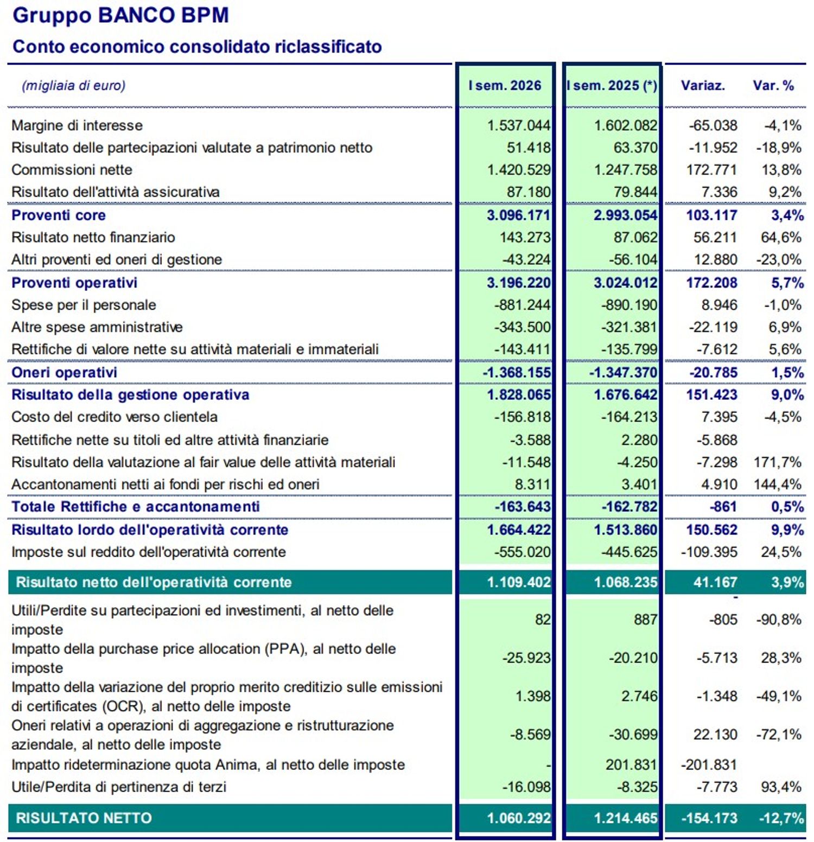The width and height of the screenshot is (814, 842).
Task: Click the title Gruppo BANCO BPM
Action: point(120,15)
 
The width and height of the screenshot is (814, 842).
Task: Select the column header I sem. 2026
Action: point(505,86)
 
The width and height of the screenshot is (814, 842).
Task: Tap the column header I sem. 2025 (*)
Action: point(612,86)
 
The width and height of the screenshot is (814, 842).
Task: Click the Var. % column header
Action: point(773,86)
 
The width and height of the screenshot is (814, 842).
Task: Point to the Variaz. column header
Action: point(703,86)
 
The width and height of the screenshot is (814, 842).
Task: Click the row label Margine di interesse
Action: point(77,125)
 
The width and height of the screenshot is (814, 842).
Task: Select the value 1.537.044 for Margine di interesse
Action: point(519,125)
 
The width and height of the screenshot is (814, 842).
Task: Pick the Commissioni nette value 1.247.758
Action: point(626,170)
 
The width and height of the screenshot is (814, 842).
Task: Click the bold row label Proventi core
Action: point(59,215)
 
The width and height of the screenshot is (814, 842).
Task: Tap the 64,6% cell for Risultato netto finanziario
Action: point(781,237)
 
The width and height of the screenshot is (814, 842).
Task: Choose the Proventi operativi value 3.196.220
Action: point(519,283)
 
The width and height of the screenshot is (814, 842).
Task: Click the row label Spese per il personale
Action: point(84,305)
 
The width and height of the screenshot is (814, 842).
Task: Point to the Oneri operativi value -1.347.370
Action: point(623,373)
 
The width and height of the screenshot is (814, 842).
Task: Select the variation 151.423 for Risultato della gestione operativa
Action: point(711,394)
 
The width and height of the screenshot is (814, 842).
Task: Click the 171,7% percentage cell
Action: point(777,462)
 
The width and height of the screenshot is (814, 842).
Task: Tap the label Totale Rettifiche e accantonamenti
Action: point(136,507)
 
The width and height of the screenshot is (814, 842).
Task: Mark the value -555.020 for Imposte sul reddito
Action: point(522,552)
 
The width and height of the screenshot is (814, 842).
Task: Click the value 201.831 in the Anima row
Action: point(631,765)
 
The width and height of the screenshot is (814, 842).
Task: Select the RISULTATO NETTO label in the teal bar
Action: point(84,818)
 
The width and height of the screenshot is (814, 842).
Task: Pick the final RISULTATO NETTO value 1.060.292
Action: point(519,818)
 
